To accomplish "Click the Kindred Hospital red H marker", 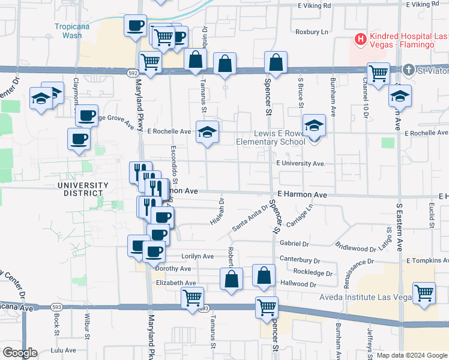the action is [360, 40].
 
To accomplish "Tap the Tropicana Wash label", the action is [68, 31].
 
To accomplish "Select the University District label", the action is [83, 189].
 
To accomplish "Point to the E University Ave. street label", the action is [300, 163].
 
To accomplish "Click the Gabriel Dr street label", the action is [294, 244].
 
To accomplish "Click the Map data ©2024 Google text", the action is [411, 355].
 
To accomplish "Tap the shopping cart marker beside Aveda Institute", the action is [424, 293].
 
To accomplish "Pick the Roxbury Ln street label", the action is [312, 32].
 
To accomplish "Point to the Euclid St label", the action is [431, 214].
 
